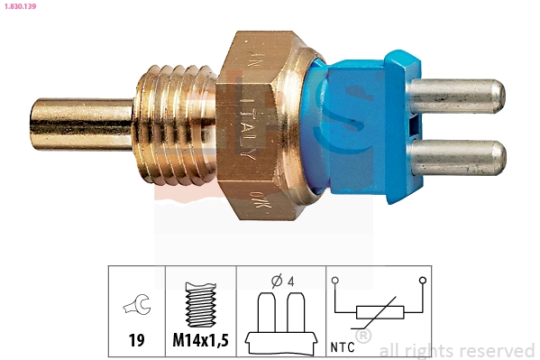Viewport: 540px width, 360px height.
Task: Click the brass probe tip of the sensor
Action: point(81,123)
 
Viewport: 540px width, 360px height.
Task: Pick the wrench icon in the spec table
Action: point(137,307)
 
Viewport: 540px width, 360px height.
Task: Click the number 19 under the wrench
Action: point(137,342)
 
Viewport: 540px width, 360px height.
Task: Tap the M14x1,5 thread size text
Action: point(200,342)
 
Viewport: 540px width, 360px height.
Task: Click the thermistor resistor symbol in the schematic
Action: point(379,312)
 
